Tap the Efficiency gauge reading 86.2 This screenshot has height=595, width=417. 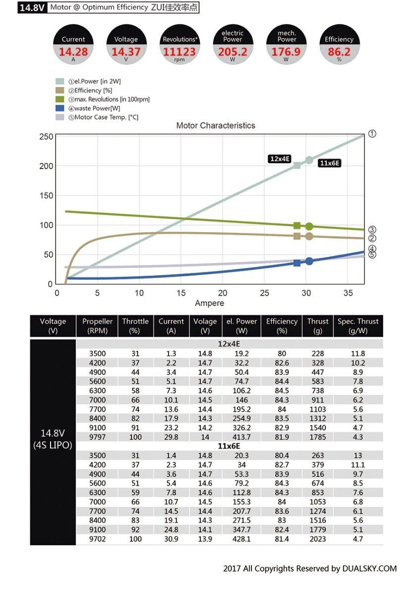click(x=339, y=51)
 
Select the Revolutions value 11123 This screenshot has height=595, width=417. click(x=179, y=51)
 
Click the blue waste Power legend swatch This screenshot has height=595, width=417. click(x=60, y=108)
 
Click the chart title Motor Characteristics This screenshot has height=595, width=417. click(x=216, y=125)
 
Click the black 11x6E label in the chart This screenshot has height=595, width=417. click(x=329, y=163)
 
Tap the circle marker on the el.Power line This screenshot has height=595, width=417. click(x=309, y=160)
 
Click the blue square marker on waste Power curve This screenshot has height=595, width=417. click(x=297, y=263)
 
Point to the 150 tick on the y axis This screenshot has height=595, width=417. click(x=47, y=195)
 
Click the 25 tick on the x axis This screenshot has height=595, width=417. click(x=265, y=293)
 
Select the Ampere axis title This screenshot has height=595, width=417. click(x=209, y=303)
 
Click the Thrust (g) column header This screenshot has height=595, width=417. click(x=317, y=326)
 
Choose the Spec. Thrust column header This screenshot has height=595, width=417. click(x=357, y=326)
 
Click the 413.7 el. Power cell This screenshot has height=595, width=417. click(x=241, y=437)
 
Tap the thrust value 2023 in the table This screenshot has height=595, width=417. click(x=317, y=538)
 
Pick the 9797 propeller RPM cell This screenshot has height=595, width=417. click(x=97, y=437)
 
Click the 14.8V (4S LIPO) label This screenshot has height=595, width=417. click(x=53, y=439)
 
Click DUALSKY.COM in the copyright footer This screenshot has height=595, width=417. click(x=369, y=569)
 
